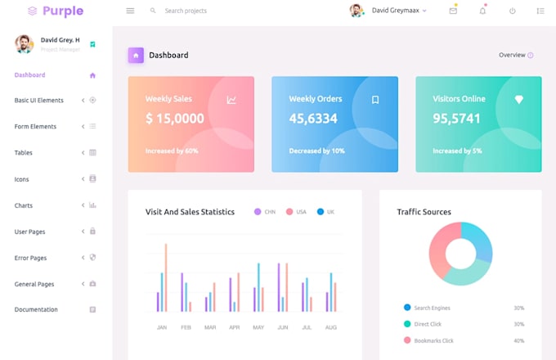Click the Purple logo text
(x=63, y=11)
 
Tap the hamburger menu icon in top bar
(x=130, y=11)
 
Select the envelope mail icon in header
(x=453, y=11)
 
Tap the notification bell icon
(x=482, y=11)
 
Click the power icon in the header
(x=512, y=11)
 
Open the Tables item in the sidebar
(x=24, y=153)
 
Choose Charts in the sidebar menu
(x=24, y=205)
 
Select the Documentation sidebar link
(x=36, y=309)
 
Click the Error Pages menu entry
(x=30, y=258)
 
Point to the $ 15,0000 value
(x=175, y=119)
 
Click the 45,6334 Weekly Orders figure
(x=313, y=119)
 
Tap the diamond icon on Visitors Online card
(x=518, y=99)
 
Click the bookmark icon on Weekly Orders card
(x=375, y=100)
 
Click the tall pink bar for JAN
(x=166, y=277)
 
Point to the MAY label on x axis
(x=258, y=327)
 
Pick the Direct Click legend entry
(x=428, y=324)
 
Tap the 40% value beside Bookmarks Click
(x=519, y=340)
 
